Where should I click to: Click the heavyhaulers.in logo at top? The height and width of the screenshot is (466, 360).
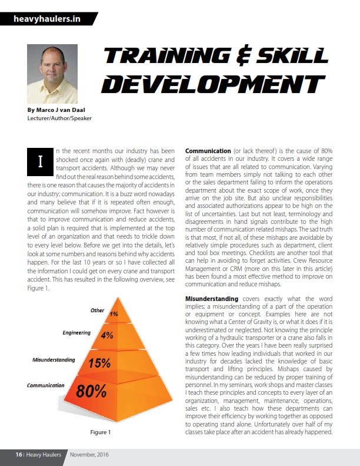(x=47, y=18)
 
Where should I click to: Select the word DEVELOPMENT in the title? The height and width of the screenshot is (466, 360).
(x=211, y=82)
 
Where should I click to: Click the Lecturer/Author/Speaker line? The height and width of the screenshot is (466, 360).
(x=59, y=118)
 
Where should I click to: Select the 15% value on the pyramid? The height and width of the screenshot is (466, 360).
(x=101, y=363)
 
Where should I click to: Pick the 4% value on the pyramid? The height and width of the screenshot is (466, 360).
(x=107, y=335)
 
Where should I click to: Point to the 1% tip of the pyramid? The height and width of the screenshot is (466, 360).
(x=114, y=313)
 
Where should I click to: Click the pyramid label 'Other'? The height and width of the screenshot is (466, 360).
(x=97, y=310)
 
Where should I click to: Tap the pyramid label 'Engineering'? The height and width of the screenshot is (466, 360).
(x=76, y=333)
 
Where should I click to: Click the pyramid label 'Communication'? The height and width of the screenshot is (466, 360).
(x=46, y=385)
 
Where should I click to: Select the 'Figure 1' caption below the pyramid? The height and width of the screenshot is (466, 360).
(x=99, y=432)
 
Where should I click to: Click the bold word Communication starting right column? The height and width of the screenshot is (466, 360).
(x=208, y=151)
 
